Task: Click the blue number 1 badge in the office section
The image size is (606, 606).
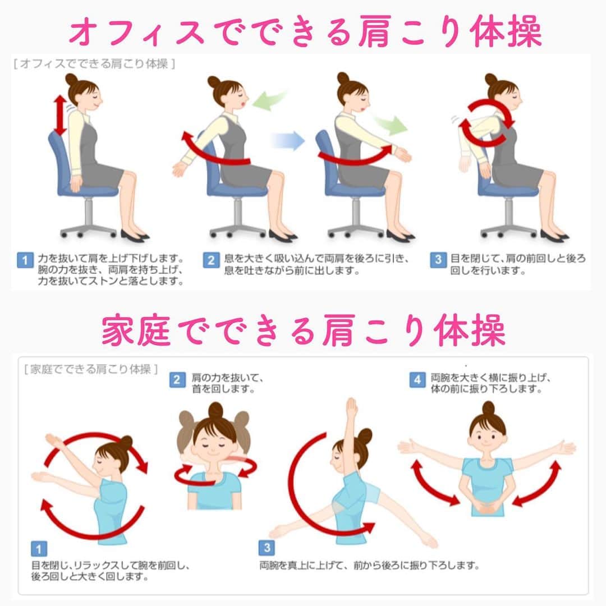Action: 25,260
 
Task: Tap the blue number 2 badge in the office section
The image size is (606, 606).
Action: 211,260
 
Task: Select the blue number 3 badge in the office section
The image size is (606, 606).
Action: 438,260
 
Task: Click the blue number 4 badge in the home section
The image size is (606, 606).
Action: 417,379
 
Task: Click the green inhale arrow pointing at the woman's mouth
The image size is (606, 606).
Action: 269,100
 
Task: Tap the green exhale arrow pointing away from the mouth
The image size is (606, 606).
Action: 391,123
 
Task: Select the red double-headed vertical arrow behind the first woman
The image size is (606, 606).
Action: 60,116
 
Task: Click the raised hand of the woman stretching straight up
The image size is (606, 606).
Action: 351,407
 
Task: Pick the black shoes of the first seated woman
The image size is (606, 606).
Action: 135,235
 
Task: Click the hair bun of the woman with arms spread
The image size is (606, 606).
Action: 488,408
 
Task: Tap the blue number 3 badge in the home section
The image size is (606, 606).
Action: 267,548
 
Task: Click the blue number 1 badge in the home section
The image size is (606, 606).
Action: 39,549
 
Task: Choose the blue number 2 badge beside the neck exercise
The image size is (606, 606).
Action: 177,379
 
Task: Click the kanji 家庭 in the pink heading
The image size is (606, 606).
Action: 136,330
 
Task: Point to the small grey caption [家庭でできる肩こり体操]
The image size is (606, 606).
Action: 91,369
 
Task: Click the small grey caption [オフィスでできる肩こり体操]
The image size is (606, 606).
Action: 94,64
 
